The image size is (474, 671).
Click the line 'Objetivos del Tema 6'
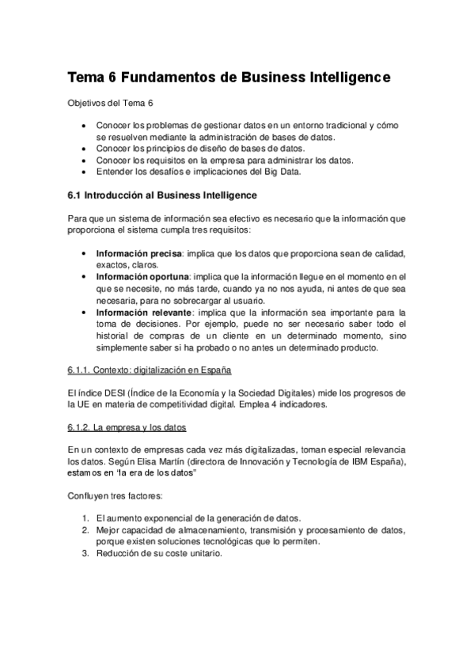(x=109, y=104)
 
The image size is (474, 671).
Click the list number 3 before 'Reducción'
(x=85, y=554)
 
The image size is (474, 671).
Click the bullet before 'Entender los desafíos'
(x=85, y=171)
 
